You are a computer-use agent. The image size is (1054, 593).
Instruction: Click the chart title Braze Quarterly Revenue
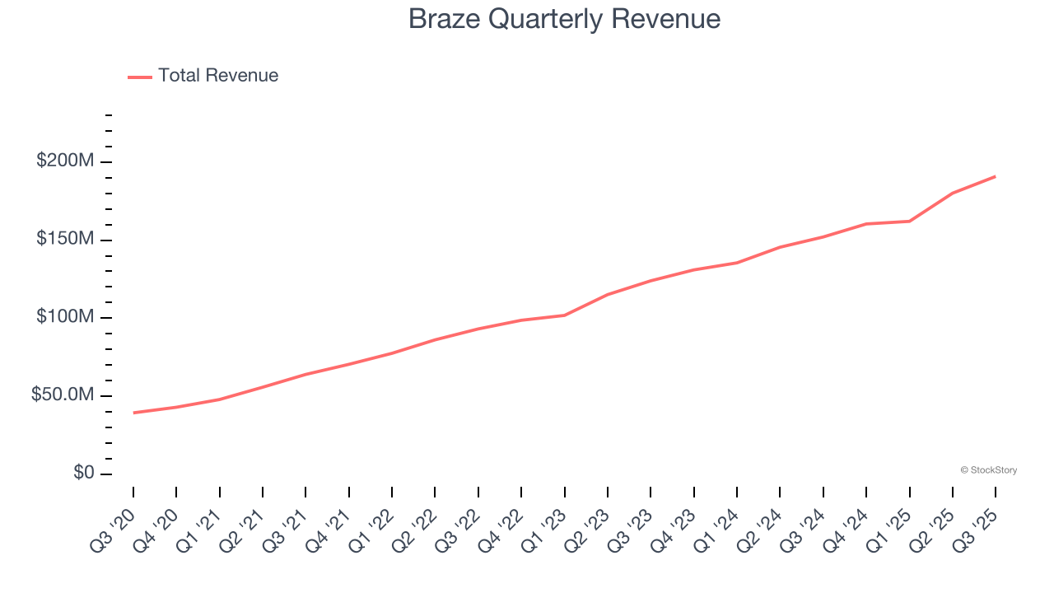[x=564, y=19]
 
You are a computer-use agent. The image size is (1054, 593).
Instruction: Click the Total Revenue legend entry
[x=203, y=76]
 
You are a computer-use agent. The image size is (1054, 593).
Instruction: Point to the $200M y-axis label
[x=64, y=161]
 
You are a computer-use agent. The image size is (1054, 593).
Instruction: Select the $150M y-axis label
[x=64, y=239]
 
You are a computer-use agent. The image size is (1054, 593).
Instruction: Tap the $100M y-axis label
[x=64, y=317]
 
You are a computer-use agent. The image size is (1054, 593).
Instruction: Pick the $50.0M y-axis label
[x=62, y=395]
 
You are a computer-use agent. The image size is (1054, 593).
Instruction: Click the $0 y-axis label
[x=83, y=473]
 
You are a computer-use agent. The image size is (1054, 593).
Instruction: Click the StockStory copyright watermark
[x=988, y=470]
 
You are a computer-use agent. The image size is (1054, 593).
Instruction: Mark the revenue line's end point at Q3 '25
[x=996, y=176]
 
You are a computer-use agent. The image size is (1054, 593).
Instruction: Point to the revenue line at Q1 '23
[x=564, y=315]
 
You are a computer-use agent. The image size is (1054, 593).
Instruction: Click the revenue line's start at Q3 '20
[x=133, y=413]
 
